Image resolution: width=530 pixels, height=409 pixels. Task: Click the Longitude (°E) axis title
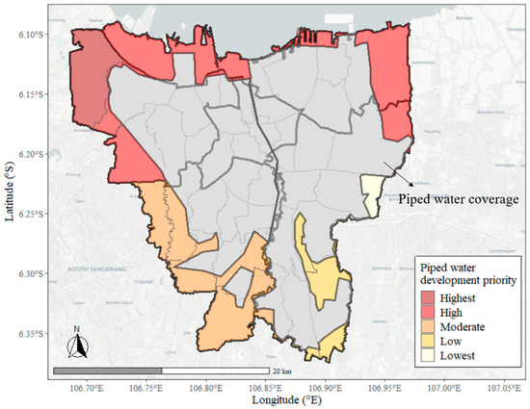294,398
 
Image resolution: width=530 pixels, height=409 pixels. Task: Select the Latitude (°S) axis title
10,203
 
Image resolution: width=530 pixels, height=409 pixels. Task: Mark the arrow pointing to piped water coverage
399,175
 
